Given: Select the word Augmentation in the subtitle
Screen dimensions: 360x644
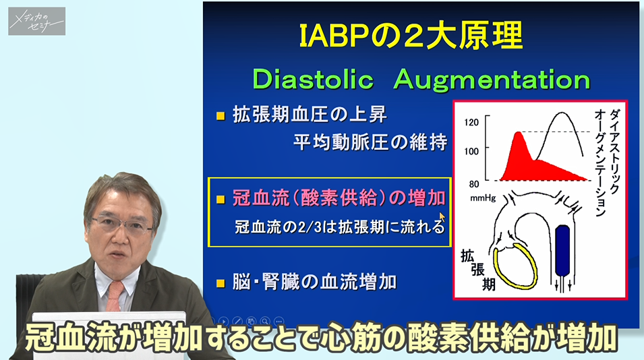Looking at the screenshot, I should pyautogui.click(x=492, y=80).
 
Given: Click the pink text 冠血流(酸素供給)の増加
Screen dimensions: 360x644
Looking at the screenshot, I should pyautogui.click(x=339, y=198).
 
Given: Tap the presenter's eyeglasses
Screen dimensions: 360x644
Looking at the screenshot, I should pyautogui.click(x=121, y=224).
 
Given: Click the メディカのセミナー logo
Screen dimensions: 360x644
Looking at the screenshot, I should pyautogui.click(x=37, y=22).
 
